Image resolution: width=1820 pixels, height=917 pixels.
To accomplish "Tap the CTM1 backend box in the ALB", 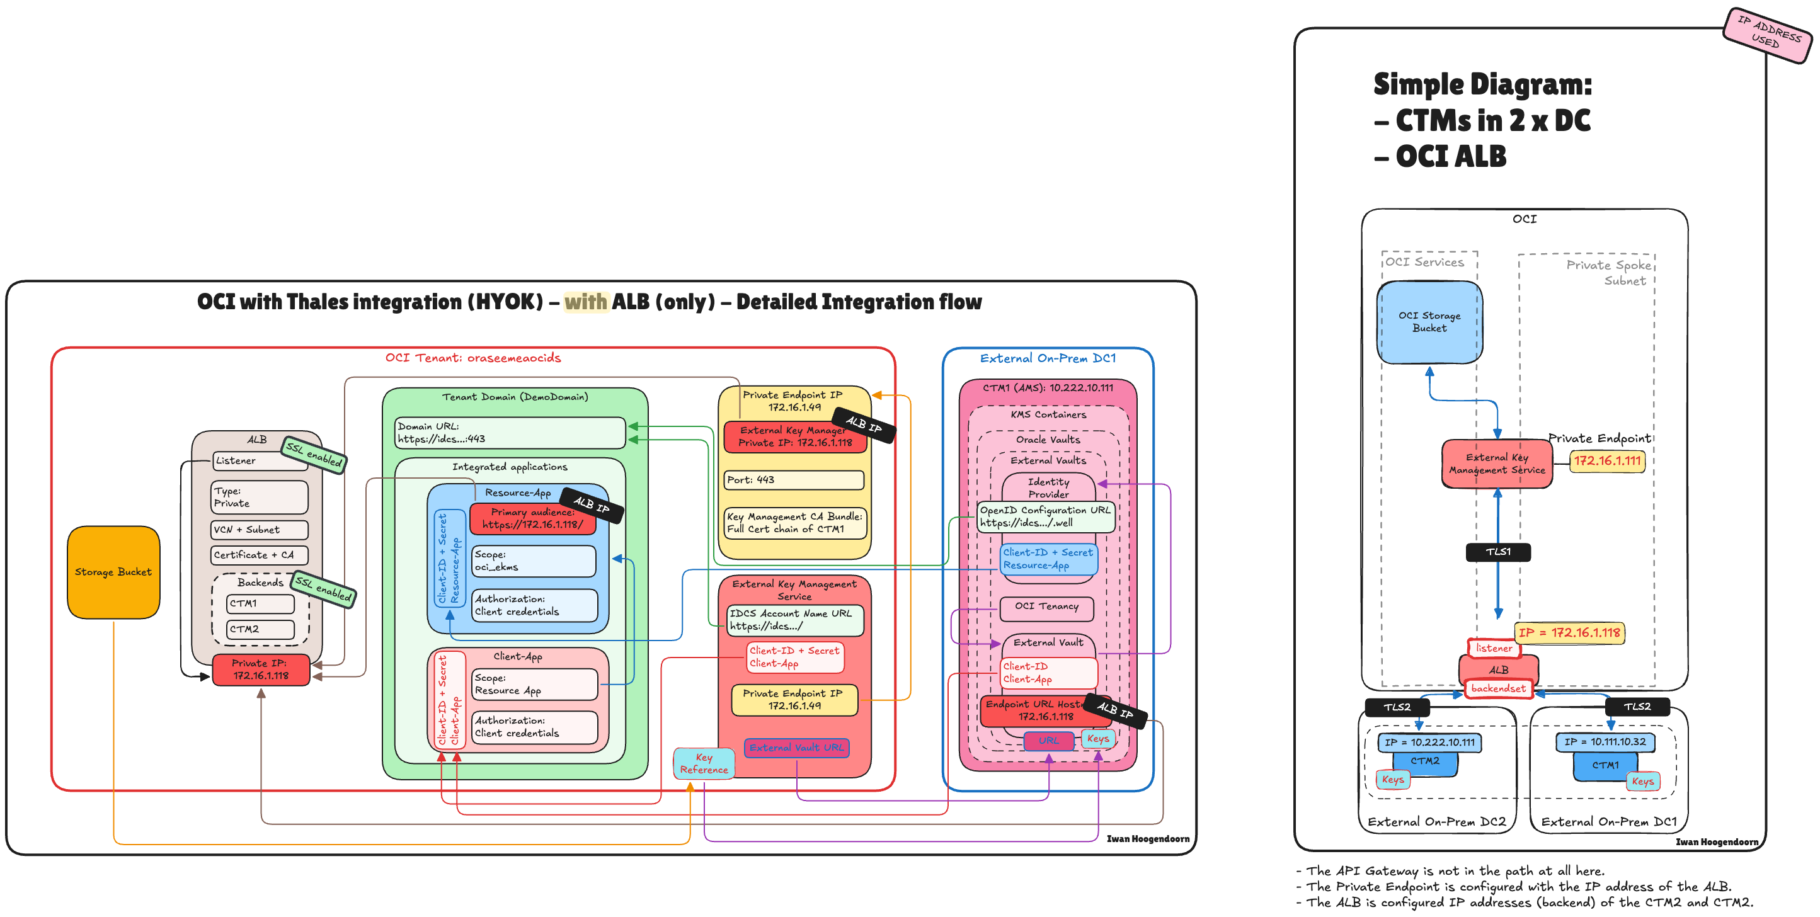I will [x=260, y=603].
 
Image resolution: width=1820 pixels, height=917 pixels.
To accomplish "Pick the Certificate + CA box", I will [x=258, y=555].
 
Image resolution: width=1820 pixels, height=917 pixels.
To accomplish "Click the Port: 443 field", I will [x=793, y=480].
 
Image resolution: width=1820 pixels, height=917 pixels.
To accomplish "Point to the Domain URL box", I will [x=508, y=432].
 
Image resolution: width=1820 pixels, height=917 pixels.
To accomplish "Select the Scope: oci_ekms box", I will [x=534, y=561].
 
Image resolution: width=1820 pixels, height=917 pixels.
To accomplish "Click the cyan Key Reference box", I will [x=704, y=763].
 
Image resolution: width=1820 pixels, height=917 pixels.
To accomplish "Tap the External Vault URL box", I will [x=796, y=748].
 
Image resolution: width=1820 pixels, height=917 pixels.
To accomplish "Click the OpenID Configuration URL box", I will [x=1045, y=516].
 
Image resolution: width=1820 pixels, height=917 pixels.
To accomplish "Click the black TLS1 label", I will [x=1498, y=552].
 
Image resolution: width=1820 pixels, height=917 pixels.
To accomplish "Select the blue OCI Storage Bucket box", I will [x=1429, y=322].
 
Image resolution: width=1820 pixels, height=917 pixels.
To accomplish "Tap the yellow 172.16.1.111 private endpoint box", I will [x=1606, y=460].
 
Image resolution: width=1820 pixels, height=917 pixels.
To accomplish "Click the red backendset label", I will [x=1498, y=688].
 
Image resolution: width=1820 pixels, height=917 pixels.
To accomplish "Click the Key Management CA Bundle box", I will [x=794, y=523].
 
